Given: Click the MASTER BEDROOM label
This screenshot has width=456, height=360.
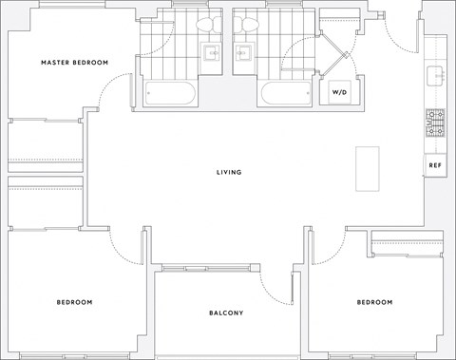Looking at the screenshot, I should [74, 63].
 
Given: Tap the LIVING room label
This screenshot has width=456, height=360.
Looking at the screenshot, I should [228, 172].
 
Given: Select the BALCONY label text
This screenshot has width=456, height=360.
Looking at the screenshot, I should [227, 313].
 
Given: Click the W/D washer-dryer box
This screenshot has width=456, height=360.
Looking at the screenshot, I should [338, 92].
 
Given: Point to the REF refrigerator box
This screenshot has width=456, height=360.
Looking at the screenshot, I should [435, 165].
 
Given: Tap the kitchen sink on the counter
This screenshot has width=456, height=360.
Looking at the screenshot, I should [436, 73].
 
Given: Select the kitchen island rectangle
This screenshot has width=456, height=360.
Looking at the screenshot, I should [367, 169].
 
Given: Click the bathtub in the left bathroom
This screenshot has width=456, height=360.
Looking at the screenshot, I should [171, 93].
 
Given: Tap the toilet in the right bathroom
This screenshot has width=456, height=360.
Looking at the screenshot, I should [244, 28].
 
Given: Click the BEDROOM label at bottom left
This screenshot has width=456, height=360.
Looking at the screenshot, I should [74, 302].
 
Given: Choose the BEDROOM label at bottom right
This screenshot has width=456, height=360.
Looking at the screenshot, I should [373, 302].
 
